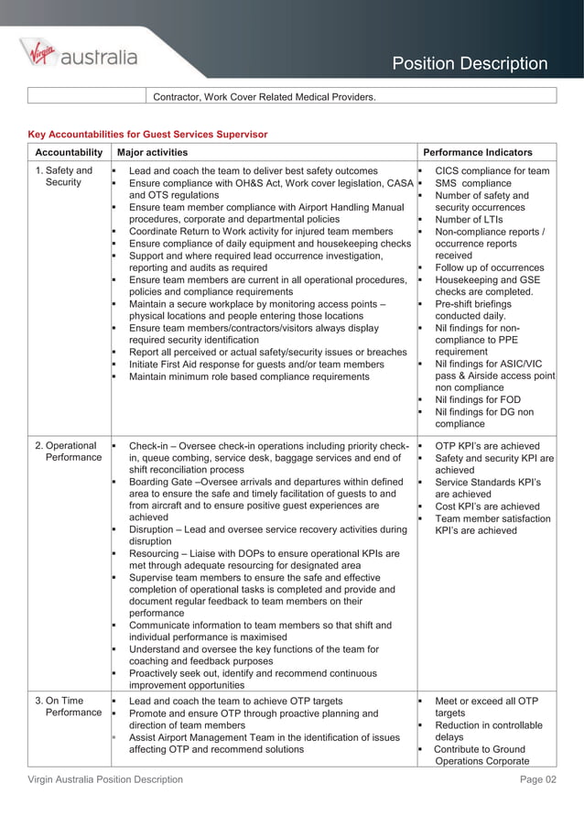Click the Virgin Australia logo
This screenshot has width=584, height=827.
click(x=78, y=56)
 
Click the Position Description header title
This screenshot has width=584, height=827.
click(x=470, y=63)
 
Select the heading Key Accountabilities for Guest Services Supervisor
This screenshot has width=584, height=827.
click(x=147, y=134)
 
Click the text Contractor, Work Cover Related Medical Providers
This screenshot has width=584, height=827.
click(x=264, y=96)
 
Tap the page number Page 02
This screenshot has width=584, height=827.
click(x=537, y=779)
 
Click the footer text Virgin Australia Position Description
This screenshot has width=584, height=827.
click(x=104, y=779)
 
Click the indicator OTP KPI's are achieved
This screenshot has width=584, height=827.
click(x=487, y=446)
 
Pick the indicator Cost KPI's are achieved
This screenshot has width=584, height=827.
click(x=487, y=506)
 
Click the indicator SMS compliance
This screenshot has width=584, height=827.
click(x=473, y=183)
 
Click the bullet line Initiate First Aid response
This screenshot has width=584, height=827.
click(x=256, y=365)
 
